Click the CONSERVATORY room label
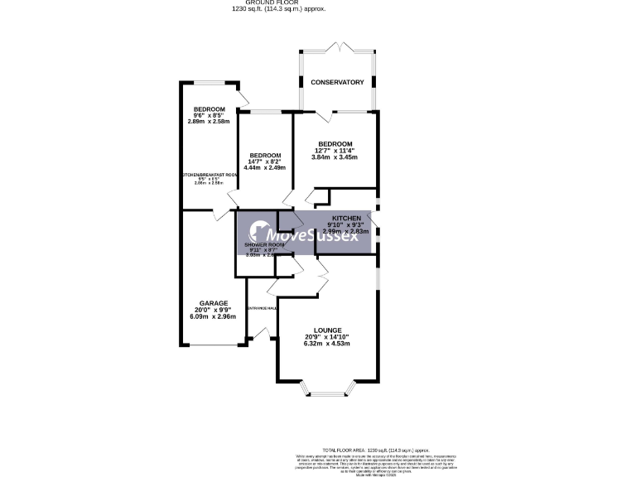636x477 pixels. tap(337, 83)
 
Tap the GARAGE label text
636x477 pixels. tap(213, 303)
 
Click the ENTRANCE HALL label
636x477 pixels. tap(261, 308)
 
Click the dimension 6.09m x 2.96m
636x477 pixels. tap(213, 316)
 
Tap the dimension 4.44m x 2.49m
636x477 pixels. tap(265, 168)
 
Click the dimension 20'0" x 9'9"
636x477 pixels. tap(213, 310)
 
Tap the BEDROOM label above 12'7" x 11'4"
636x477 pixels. tap(335, 143)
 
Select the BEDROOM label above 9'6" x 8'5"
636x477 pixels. tap(210, 109)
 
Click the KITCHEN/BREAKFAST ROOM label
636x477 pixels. tap(210, 176)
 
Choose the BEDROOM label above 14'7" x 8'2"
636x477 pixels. tap(265, 155)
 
